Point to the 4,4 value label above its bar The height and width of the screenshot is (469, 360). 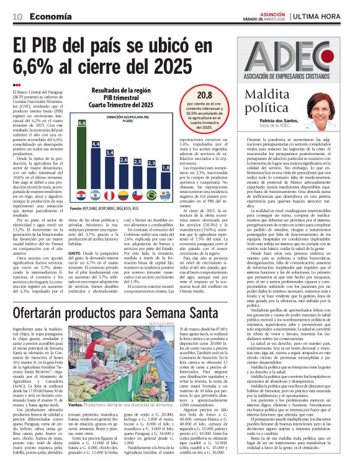(x=96, y=144)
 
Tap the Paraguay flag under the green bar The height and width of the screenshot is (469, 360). (x=81, y=195)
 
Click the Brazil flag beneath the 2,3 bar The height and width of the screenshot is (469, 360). (x=151, y=195)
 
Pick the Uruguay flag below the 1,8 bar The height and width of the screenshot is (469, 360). (x=165, y=195)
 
